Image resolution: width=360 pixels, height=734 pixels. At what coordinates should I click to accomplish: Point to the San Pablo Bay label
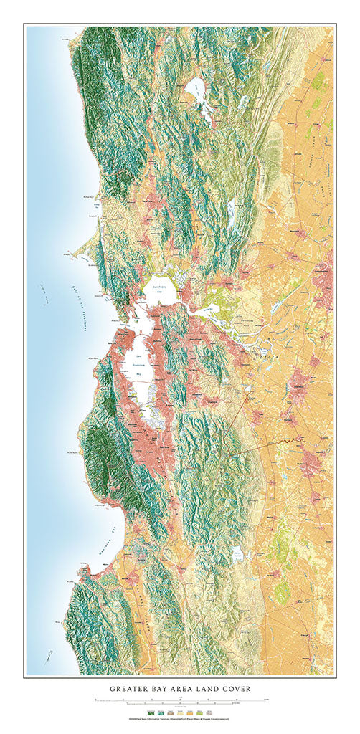[157, 292]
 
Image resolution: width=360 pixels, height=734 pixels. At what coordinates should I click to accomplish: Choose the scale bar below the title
[179, 700]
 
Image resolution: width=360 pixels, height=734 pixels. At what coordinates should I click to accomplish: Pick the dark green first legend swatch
[150, 712]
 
